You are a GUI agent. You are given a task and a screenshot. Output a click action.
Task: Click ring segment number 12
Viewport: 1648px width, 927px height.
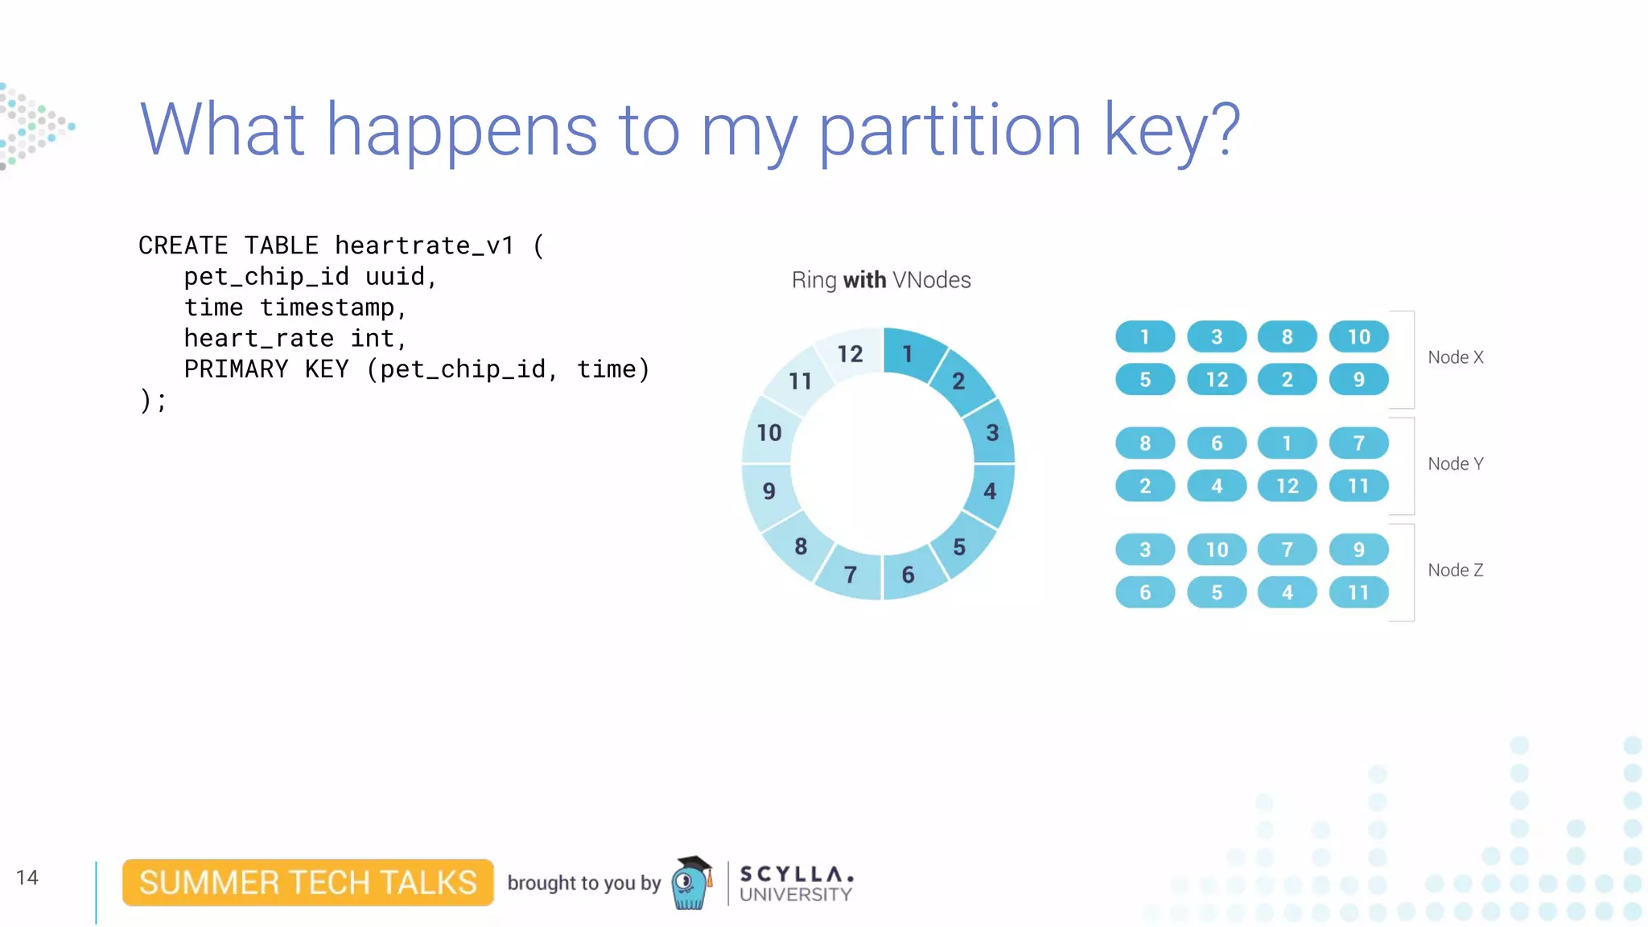tap(850, 353)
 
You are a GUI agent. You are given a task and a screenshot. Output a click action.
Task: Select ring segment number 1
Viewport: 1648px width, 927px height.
tap(908, 353)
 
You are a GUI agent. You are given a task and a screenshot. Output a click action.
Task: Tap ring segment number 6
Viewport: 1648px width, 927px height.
tap(908, 574)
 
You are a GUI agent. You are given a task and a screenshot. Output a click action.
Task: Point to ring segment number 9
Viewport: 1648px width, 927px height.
tap(769, 490)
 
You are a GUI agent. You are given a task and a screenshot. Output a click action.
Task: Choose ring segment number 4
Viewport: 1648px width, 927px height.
tap(990, 490)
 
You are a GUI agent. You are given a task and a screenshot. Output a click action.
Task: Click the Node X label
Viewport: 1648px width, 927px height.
tap(1455, 357)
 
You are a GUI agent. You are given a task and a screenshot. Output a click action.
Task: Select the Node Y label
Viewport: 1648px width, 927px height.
tap(1455, 463)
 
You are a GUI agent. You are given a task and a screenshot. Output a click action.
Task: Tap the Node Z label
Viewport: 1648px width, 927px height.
tap(1455, 570)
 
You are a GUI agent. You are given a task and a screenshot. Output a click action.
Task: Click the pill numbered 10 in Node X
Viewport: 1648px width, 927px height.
tap(1358, 336)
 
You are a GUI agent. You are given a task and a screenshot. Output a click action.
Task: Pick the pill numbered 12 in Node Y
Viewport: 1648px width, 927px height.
tap(1287, 486)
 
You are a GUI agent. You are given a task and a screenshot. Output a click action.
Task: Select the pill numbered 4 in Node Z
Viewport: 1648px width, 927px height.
tap(1287, 592)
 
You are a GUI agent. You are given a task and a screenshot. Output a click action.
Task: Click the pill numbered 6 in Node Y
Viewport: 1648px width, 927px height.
tap(1217, 443)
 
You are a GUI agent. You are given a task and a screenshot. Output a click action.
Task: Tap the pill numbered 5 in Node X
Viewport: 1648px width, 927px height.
tap(1145, 379)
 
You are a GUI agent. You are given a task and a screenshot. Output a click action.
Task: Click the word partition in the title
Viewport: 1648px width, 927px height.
tap(950, 131)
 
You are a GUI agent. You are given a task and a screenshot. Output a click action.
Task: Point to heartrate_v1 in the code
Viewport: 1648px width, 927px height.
tap(424, 245)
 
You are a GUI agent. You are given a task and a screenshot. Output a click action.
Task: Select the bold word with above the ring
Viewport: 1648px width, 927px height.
tap(864, 280)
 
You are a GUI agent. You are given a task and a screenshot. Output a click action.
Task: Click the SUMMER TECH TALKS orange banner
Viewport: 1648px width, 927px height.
tap(308, 883)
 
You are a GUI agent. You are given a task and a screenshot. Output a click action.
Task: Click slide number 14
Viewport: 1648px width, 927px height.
tap(27, 877)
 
